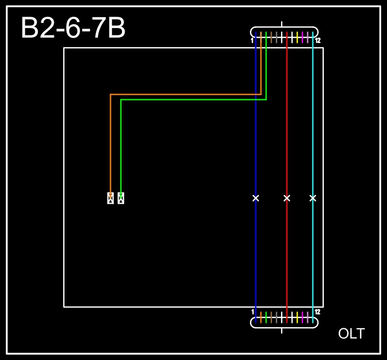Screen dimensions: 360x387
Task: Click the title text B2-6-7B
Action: pos(73,28)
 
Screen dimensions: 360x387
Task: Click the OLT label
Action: pos(351,334)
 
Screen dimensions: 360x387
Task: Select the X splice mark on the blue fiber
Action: pos(256,198)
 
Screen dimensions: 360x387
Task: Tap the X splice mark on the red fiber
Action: pos(287,198)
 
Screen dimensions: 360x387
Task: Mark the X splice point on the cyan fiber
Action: pos(313,198)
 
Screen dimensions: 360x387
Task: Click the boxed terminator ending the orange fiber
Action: pos(110,198)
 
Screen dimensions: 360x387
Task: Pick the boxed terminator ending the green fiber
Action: pos(121,198)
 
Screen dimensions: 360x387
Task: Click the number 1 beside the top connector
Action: pos(252,41)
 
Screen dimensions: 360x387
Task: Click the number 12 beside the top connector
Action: pos(318,41)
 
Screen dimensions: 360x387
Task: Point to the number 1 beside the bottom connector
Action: pos(253,312)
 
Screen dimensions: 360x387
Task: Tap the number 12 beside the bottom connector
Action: pos(318,312)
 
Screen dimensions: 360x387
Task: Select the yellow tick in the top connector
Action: pos(297,37)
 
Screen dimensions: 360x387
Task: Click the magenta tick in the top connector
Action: pos(303,37)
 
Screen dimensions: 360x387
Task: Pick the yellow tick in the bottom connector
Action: pos(297,317)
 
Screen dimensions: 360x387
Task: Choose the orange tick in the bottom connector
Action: pos(261,317)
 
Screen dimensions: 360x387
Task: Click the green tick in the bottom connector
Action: pos(266,317)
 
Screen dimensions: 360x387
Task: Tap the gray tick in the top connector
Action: pos(271,37)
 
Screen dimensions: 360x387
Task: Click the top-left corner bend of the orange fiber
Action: pos(110,95)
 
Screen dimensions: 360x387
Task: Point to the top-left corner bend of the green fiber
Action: pos(121,99)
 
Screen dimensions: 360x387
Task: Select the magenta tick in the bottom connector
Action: pos(303,317)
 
